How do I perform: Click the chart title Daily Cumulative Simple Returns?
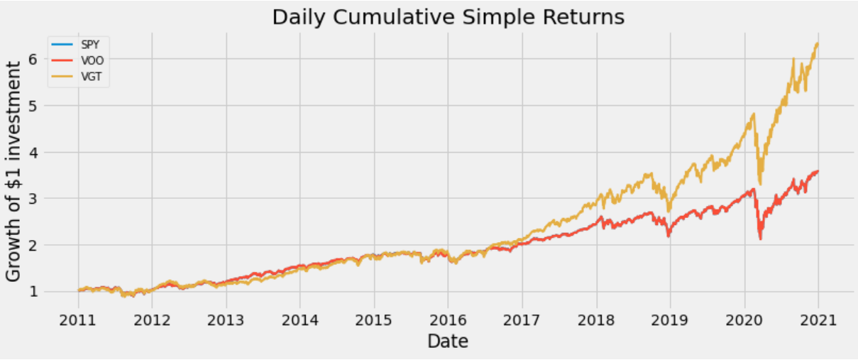tap(448, 18)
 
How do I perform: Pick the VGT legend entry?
tap(77, 77)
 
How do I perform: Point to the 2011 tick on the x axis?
tap(78, 320)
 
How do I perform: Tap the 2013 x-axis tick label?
tap(226, 320)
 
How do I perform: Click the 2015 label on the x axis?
tap(374, 320)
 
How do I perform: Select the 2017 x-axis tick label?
tap(522, 320)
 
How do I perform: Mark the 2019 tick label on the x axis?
tap(670, 320)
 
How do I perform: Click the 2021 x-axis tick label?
tap(818, 320)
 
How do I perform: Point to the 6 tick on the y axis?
tap(33, 59)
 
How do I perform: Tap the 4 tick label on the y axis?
tap(33, 152)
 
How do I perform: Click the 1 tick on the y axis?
tap(33, 292)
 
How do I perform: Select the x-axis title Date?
tap(448, 342)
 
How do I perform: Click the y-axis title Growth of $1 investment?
tap(13, 172)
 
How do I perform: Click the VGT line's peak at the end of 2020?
tap(818, 44)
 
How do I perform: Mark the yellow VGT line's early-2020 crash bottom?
tap(760, 184)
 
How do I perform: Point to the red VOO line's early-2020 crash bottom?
tap(760, 239)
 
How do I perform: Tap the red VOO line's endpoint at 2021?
tap(818, 171)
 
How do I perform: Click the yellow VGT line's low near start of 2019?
tap(669, 211)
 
